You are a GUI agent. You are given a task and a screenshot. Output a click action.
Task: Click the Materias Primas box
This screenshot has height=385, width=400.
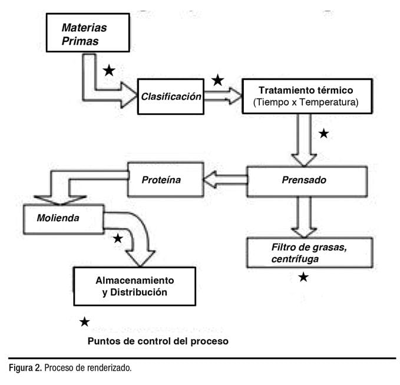[88, 34]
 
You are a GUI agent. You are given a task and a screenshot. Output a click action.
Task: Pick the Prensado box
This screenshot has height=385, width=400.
[307, 180]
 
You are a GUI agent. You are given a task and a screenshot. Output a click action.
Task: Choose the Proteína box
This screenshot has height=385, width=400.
[161, 179]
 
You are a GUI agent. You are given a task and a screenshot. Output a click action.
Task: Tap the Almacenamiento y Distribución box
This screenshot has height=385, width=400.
[135, 286]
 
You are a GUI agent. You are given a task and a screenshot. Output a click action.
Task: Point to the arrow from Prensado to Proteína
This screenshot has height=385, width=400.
[224, 179]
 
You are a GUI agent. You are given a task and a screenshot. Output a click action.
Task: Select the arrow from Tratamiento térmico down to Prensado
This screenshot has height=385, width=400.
[305, 139]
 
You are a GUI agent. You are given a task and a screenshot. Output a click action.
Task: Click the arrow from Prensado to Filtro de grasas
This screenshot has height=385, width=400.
[304, 216]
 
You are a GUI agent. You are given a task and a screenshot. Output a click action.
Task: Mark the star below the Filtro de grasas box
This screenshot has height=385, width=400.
[303, 277]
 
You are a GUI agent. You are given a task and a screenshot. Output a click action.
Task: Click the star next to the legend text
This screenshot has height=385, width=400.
[85, 322]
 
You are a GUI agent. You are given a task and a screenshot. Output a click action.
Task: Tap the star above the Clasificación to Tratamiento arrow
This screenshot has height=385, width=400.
[218, 80]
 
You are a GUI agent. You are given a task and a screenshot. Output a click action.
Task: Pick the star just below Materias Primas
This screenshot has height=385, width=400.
[109, 71]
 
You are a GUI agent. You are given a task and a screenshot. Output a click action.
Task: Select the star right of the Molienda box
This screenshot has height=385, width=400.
[118, 238]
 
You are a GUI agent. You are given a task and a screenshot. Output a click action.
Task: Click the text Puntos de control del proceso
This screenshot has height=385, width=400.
[157, 341]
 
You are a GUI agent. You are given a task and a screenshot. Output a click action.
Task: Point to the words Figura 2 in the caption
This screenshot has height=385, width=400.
[25, 368]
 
